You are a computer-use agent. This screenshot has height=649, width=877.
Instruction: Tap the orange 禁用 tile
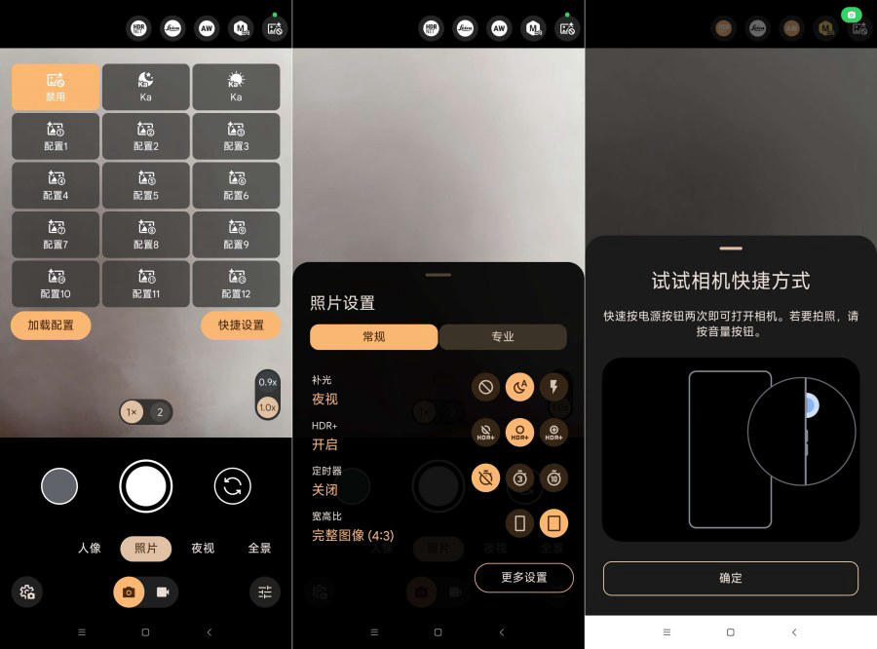56,88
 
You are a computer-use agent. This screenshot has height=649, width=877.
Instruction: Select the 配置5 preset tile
146,185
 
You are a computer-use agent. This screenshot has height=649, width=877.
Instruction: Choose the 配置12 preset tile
236,284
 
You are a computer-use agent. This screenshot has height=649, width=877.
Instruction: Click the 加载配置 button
51,324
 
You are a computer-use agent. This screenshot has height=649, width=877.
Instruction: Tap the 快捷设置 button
241,324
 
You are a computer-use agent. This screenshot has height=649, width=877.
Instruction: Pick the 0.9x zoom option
267,383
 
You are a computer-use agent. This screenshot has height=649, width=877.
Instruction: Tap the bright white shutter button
146,485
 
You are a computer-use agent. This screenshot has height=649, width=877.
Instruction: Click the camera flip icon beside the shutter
232,485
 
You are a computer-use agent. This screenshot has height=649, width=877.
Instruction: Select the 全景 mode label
259,548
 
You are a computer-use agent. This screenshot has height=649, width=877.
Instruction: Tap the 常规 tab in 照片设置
374,336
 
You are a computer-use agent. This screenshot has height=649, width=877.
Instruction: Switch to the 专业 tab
503,336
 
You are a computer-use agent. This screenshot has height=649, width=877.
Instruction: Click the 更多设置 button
523,577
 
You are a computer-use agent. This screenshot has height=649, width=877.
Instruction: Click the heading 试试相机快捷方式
731,282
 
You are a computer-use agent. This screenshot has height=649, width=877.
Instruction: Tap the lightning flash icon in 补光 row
553,387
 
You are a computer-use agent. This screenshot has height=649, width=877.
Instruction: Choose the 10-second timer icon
553,477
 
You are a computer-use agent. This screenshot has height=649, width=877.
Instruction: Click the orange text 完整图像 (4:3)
353,535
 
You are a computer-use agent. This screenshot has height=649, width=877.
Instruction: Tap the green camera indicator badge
851,15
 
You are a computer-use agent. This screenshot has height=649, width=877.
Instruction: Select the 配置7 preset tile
56,234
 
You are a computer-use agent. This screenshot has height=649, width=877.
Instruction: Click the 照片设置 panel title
342,303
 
